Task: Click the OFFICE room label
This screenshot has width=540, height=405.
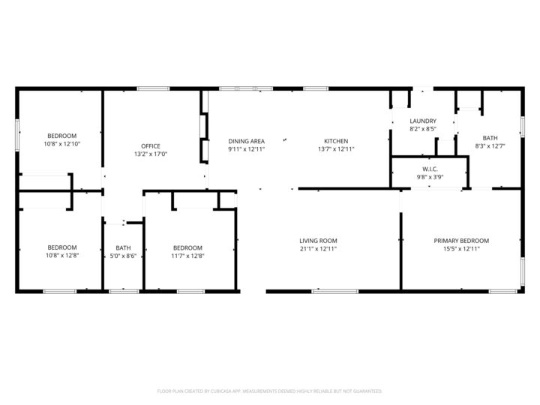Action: tap(151, 145)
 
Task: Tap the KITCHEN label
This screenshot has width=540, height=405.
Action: tap(335, 141)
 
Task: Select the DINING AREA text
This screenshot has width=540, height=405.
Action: tap(246, 141)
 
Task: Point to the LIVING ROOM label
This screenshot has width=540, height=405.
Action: tap(318, 241)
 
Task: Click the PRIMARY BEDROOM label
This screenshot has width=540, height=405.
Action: tap(461, 241)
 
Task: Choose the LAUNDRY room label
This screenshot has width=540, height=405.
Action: tap(423, 121)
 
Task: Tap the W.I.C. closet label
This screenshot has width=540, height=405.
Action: tap(430, 169)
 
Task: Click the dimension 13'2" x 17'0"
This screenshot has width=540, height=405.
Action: tap(151, 154)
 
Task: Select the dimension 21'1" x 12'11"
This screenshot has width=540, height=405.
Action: tap(318, 248)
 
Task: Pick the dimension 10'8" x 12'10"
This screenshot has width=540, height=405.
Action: tap(62, 143)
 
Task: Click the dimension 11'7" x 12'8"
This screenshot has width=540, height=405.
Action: tap(187, 256)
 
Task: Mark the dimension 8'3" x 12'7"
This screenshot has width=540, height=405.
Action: tap(490, 145)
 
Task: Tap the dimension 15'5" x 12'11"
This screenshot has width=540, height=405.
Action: tap(461, 248)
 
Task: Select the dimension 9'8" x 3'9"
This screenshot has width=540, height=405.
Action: tap(430, 177)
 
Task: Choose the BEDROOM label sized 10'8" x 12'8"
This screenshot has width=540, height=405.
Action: tap(62, 247)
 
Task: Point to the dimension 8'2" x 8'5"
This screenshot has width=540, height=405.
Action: tap(423, 129)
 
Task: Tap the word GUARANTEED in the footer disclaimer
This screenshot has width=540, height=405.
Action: tap(365, 391)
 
